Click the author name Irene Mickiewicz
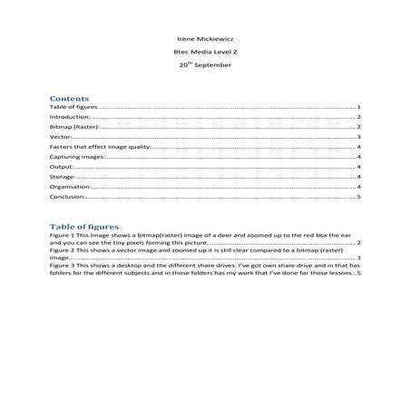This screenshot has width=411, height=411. click(x=204, y=41)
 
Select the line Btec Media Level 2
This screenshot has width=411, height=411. click(x=204, y=54)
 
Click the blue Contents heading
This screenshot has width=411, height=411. click(x=69, y=97)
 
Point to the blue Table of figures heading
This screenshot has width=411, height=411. click(x=83, y=226)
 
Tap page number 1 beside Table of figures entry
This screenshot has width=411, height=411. click(x=360, y=107)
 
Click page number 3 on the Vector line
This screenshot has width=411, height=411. click(x=360, y=136)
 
